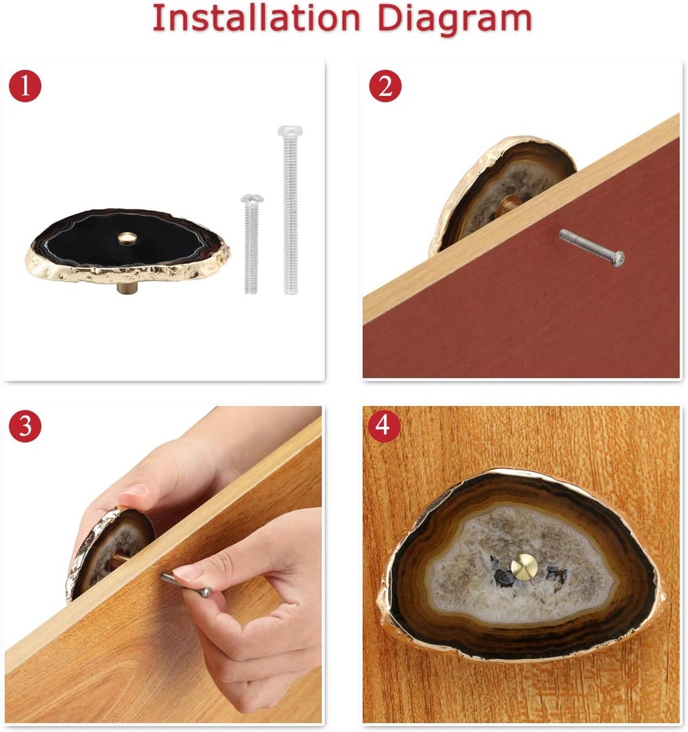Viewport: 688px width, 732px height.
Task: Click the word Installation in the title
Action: (256, 18)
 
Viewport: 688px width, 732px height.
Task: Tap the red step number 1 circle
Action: (25, 86)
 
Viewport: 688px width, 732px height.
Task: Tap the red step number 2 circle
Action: (385, 86)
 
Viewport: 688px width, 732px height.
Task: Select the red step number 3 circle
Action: (25, 426)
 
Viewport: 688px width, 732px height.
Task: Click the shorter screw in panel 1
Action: (252, 244)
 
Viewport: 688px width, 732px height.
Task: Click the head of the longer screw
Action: (290, 131)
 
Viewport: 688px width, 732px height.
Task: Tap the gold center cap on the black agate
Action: (126, 238)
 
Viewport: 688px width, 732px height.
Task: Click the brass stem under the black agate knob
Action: (124, 286)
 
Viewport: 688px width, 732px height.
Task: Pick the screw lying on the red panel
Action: (592, 247)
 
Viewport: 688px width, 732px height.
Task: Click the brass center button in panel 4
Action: (524, 566)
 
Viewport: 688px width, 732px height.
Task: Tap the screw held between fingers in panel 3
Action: (186, 585)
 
